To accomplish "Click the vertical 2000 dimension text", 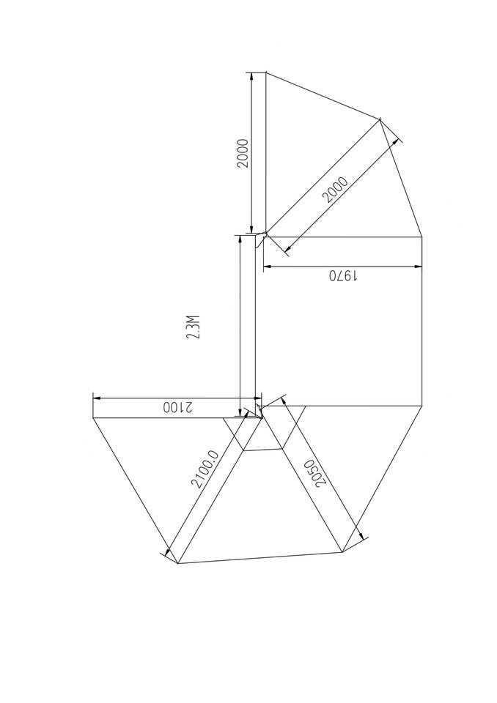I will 243,152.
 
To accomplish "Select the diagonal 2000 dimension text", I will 334,190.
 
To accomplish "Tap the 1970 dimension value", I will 342,276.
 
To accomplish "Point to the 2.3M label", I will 193,327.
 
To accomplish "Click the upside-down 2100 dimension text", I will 176,407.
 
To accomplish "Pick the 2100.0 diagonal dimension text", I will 205,469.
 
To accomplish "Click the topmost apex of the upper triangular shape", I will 265,72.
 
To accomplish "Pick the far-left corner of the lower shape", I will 93,417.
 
